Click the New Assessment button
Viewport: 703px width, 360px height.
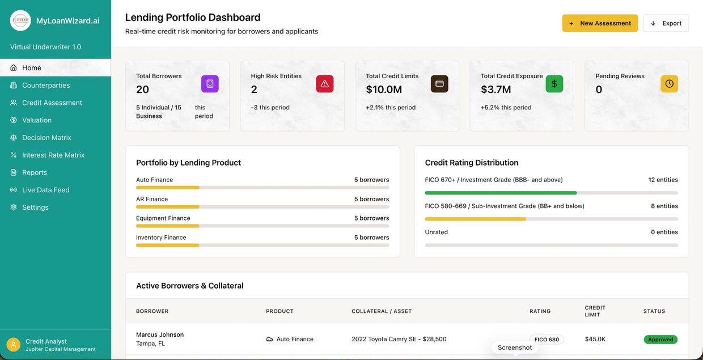(600, 23)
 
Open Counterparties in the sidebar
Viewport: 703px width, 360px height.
(46, 85)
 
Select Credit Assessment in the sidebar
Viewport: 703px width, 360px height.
(52, 103)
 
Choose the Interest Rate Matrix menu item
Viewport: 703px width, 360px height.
(53, 155)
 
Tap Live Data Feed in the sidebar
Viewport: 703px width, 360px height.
(45, 190)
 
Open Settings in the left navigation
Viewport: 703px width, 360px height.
(35, 207)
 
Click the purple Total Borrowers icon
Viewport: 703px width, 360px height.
(210, 84)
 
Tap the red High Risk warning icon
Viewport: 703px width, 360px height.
(325, 84)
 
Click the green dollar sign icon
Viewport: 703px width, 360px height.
(554, 84)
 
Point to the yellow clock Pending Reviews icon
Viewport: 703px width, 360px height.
(669, 84)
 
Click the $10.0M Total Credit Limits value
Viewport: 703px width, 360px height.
(384, 90)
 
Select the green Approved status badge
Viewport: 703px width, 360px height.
(660, 340)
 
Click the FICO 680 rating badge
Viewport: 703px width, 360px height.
(547, 340)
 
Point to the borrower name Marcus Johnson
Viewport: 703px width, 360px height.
(160, 334)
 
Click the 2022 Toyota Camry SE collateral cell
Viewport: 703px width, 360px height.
(399, 339)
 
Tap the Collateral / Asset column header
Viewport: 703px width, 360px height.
(382, 311)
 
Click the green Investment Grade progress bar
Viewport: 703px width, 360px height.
(501, 193)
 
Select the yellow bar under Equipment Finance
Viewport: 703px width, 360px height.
(168, 226)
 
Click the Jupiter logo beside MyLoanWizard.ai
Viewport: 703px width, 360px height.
(20, 20)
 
